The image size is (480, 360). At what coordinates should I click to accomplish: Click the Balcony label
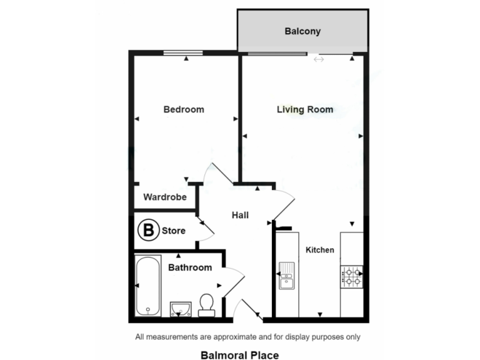click(x=302, y=31)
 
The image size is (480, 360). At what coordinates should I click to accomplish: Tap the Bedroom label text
click(x=183, y=109)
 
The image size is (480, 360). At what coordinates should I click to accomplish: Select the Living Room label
click(x=304, y=109)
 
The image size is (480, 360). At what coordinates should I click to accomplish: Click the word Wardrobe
click(x=165, y=197)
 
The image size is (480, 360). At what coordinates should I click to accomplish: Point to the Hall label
click(x=240, y=215)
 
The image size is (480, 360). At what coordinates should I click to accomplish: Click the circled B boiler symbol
click(x=148, y=230)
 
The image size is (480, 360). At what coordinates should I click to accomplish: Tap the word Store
click(x=174, y=231)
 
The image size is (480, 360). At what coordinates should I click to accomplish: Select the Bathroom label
click(x=189, y=267)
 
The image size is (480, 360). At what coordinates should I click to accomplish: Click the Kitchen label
click(x=319, y=250)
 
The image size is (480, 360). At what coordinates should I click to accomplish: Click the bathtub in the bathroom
click(x=148, y=286)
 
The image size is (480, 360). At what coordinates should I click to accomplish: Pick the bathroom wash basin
click(x=180, y=308)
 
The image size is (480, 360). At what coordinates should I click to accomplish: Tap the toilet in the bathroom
click(x=206, y=305)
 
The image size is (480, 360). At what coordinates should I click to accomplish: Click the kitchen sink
click(x=287, y=276)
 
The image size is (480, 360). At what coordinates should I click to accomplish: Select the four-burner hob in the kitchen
click(x=351, y=276)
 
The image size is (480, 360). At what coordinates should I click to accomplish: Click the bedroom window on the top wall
click(x=183, y=53)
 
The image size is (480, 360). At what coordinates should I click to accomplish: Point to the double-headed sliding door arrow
click(x=319, y=59)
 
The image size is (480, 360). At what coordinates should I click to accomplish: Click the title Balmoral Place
click(x=239, y=354)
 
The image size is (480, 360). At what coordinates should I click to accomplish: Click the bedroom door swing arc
click(x=216, y=174)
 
